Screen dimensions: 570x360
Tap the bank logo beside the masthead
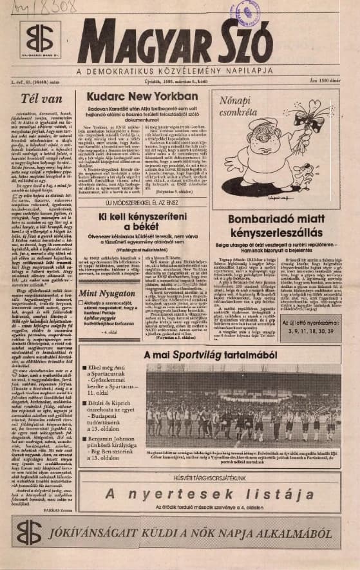point(40,40)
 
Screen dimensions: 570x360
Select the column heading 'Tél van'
point(41,99)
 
